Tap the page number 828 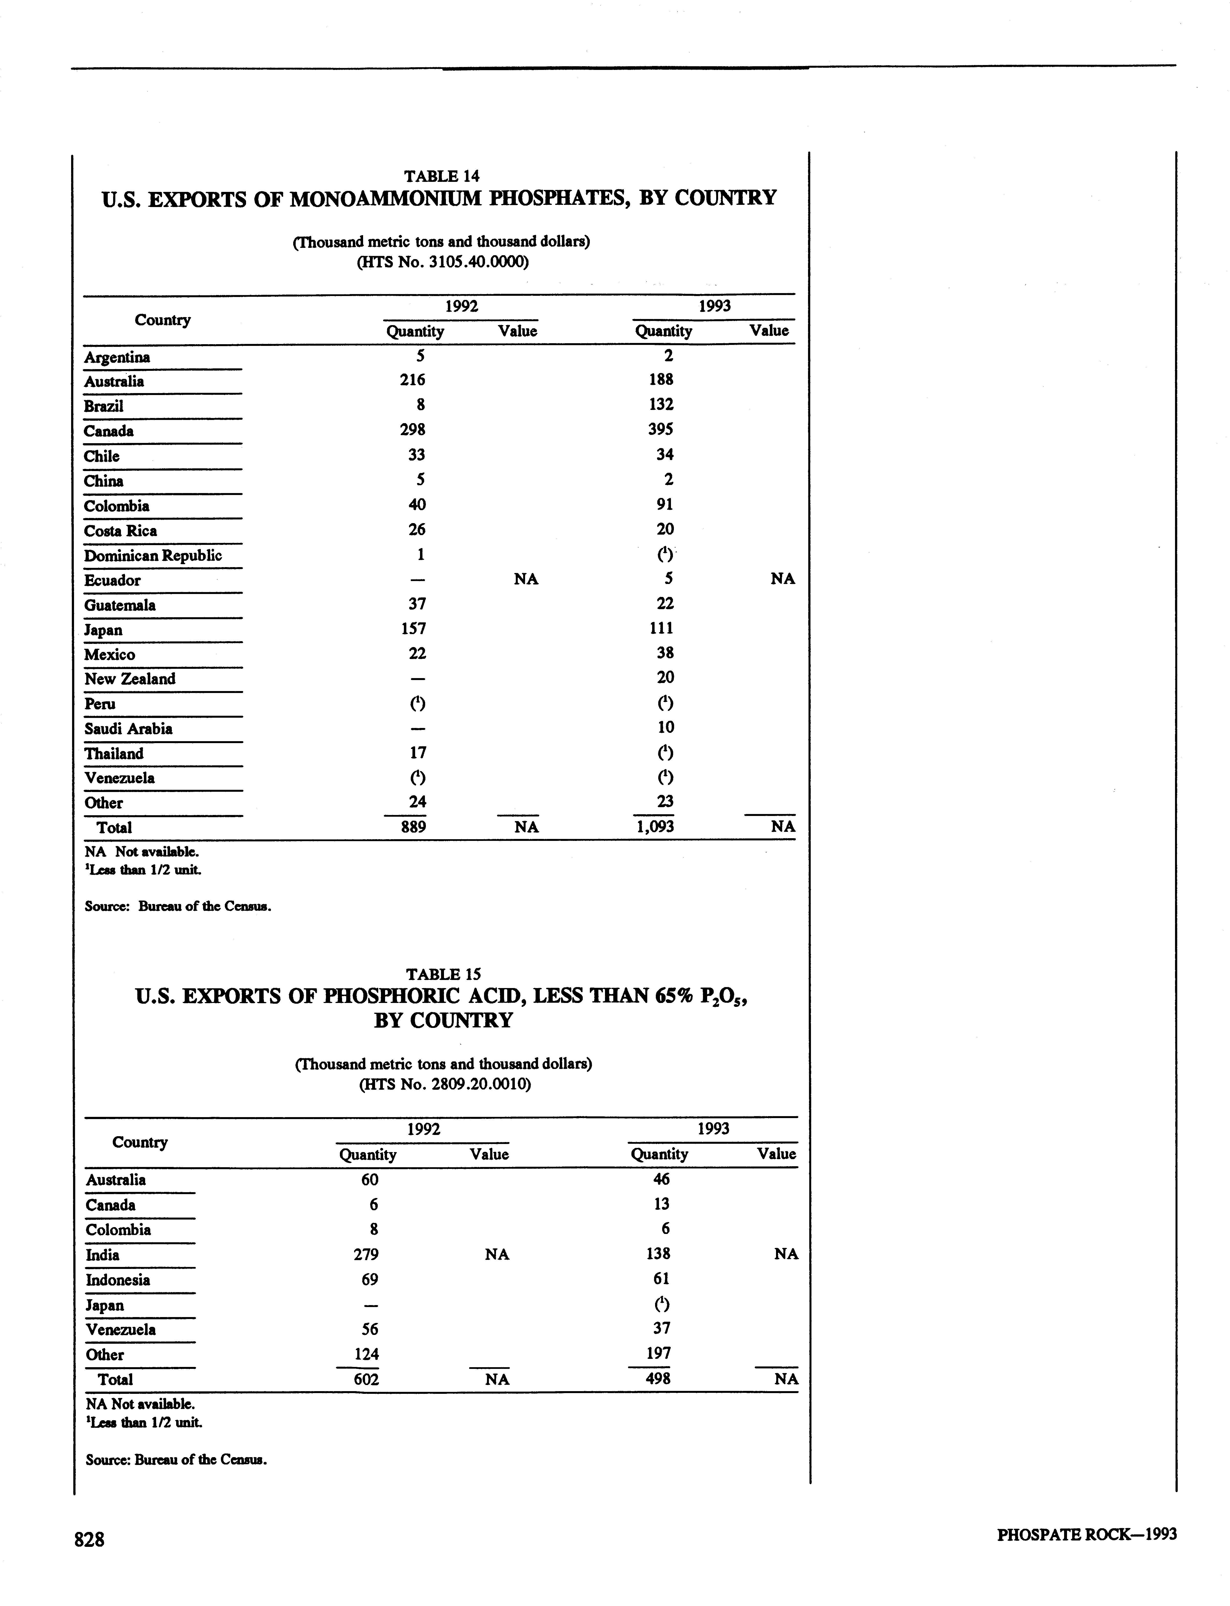coord(89,1539)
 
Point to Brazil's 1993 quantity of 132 coord(661,404)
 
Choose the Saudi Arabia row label coord(128,729)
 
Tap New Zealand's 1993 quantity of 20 coord(665,677)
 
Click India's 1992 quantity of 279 coord(366,1254)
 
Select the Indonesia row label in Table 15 coord(118,1280)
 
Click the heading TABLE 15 coord(443,974)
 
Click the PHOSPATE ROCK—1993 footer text coord(1087,1534)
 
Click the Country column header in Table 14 coord(162,320)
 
